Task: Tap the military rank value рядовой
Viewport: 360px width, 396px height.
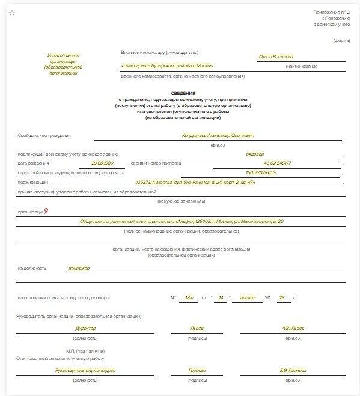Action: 255,154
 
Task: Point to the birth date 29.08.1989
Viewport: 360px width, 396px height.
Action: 102,163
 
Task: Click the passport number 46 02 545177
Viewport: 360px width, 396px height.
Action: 276,163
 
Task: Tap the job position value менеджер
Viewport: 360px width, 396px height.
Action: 79,268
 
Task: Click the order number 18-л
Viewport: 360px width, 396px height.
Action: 191,297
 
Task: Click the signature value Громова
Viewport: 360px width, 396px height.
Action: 197,371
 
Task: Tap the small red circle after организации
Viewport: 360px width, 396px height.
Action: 47,210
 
